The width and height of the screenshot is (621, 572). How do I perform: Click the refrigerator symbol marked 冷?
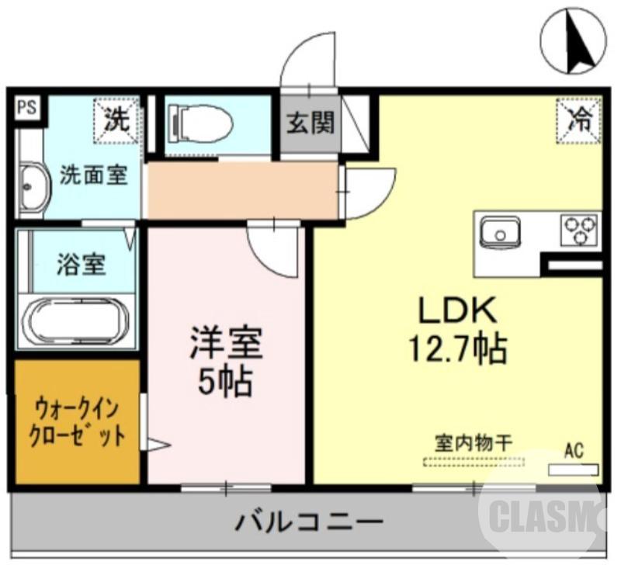click(578, 120)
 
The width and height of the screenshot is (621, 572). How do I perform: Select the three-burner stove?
click(580, 231)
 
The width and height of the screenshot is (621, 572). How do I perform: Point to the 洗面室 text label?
click(93, 175)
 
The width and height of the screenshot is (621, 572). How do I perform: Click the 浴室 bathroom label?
click(81, 264)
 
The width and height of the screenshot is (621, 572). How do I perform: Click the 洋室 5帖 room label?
click(226, 361)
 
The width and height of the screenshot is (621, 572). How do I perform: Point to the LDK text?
click(457, 311)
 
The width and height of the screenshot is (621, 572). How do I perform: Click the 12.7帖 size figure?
click(457, 348)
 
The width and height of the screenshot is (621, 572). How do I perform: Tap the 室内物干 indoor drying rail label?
click(472, 445)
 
